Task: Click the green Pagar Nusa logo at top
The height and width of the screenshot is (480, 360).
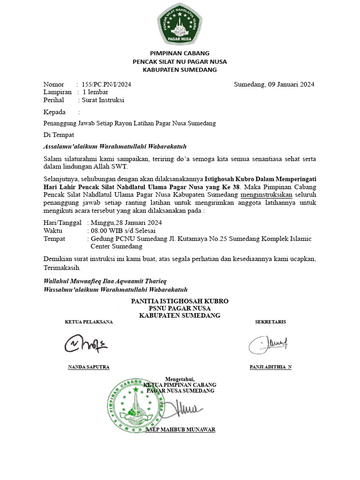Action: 180,24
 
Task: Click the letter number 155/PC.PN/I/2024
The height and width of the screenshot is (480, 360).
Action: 106,84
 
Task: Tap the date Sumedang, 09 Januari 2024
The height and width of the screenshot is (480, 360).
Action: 274,84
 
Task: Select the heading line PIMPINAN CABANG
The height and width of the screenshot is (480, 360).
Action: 180,53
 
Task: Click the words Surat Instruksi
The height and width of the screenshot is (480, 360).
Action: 103,100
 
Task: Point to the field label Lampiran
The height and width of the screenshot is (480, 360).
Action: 57,92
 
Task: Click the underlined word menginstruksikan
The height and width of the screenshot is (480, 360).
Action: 266,194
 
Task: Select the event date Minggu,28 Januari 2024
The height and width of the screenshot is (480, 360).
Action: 126,222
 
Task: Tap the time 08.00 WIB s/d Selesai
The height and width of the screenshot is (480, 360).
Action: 123,231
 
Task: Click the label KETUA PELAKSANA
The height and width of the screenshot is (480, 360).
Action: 89,322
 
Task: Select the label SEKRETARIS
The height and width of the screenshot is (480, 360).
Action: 270,322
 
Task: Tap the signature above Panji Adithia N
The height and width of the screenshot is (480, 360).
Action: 269,345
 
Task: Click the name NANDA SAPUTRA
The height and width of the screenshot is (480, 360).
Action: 89,367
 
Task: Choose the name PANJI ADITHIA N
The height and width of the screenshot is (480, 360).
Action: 270,367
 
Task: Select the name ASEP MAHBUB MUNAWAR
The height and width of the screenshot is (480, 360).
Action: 180,429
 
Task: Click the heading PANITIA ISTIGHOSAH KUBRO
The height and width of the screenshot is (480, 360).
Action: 180,300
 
